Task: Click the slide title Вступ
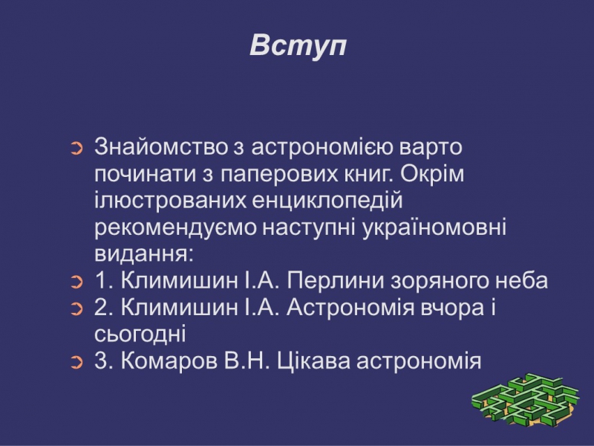(298, 46)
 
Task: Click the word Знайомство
(161, 146)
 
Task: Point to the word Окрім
(432, 173)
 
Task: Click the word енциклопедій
(327, 201)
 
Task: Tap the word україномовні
(434, 227)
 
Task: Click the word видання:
(144, 254)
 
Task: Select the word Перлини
(336, 281)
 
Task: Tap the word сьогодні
(140, 334)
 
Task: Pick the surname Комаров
(169, 361)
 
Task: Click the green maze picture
(526, 400)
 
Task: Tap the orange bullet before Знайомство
(76, 148)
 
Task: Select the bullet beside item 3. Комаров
(76, 363)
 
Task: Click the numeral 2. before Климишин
(104, 308)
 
